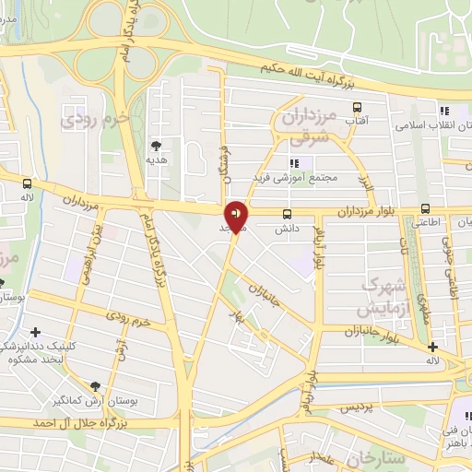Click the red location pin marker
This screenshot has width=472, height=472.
tap(237, 216)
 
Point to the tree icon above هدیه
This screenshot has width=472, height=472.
tap(156, 145)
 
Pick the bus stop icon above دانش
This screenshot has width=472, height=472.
tap(287, 213)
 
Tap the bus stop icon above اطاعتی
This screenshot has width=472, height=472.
tap(425, 208)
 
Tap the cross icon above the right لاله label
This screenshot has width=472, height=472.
tap(432, 347)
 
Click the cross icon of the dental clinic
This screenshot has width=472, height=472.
tap(35, 332)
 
